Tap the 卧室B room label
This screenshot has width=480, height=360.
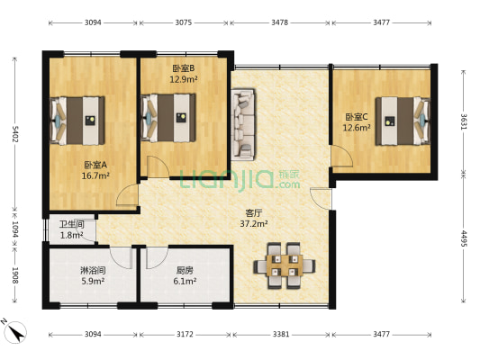184,67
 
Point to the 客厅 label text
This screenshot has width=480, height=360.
255,213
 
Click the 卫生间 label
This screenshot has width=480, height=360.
72,225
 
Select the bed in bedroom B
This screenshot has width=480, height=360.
173,116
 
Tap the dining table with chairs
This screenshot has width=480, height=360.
285,265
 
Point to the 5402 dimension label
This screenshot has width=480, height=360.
14,135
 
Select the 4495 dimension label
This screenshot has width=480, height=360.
464,238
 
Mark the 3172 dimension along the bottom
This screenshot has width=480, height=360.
185,335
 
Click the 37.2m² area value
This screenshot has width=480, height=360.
255,224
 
